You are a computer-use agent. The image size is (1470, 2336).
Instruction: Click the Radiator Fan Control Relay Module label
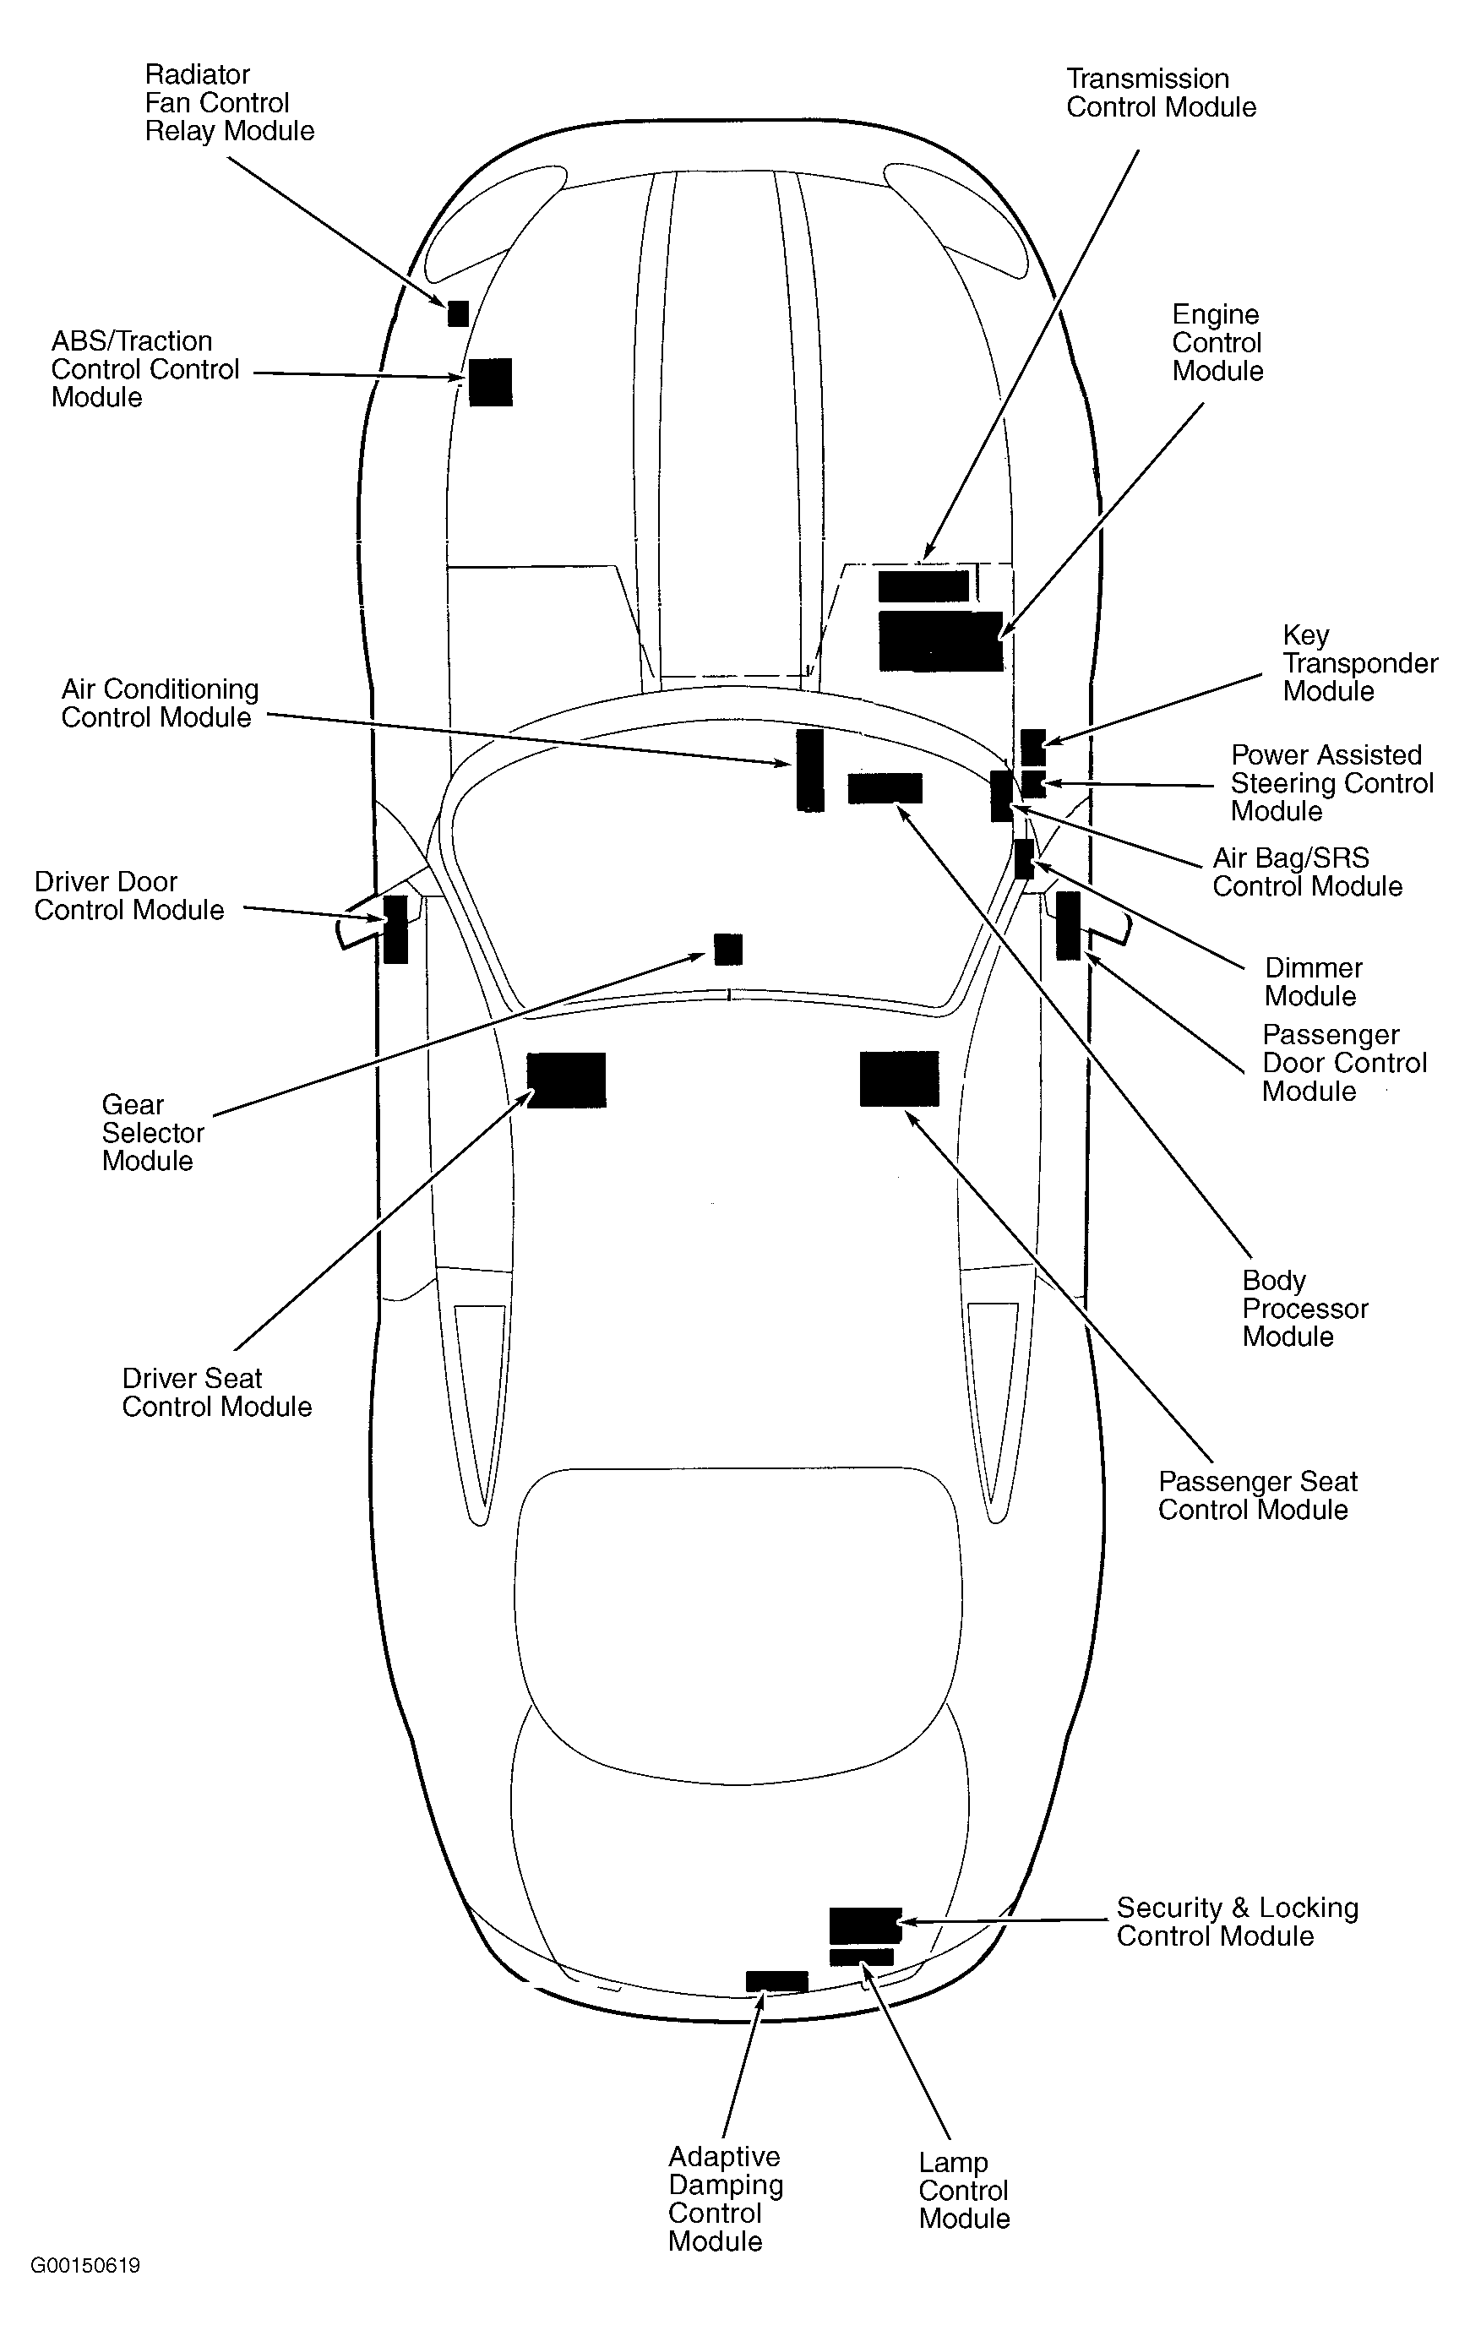coord(229,103)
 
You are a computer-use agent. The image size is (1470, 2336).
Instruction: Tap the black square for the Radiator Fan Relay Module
coord(458,313)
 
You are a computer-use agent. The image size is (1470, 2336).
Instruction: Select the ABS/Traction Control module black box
coord(490,381)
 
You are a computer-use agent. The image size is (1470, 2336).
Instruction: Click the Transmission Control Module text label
coord(1161,93)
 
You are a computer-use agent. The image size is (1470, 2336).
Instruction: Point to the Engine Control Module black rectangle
coord(940,640)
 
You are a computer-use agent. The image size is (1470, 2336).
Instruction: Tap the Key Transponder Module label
coord(1359,663)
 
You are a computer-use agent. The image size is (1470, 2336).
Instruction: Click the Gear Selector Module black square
coord(727,949)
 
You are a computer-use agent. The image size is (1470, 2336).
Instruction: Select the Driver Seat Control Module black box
coord(566,1080)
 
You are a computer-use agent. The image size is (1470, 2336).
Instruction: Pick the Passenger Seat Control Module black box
coord(899,1078)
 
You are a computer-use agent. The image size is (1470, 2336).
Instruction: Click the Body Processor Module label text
coord(1304,1308)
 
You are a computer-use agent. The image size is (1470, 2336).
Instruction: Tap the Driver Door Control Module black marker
coord(395,928)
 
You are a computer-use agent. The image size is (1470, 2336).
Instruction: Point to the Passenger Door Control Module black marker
coord(1067,924)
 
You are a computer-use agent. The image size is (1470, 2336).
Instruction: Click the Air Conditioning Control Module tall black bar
coord(809,770)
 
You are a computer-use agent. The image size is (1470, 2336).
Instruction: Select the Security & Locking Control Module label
coord(1236,1922)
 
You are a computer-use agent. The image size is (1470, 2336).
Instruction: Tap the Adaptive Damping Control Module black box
coord(776,1981)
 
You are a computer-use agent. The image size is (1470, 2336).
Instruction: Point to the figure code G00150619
coord(85,2266)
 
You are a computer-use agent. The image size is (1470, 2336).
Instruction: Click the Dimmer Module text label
coord(1313,982)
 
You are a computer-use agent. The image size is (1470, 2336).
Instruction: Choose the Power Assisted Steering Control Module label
coord(1331,783)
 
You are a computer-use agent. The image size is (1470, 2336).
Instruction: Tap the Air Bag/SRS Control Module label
coord(1307,872)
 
